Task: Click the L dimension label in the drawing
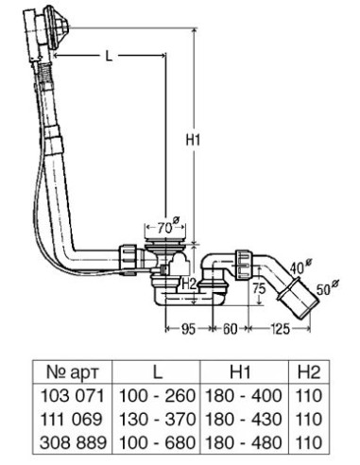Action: tap(109, 56)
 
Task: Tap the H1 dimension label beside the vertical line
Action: tap(193, 140)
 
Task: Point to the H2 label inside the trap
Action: tap(190, 284)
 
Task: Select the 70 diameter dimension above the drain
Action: tap(168, 227)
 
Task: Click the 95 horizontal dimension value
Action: tap(189, 329)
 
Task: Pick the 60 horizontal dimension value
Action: tap(230, 329)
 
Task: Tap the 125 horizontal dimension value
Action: tap(279, 329)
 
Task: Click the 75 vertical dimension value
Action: tap(259, 288)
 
